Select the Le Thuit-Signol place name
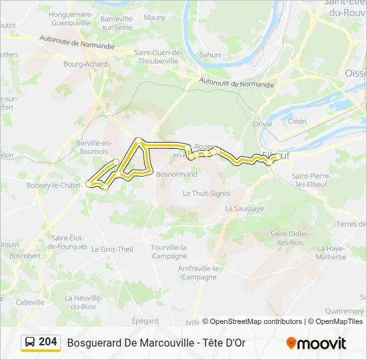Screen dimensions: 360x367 pyautogui.click(x=206, y=193)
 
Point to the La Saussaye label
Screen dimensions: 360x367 pyautogui.click(x=244, y=208)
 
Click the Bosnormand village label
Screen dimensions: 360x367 pyautogui.click(x=176, y=174)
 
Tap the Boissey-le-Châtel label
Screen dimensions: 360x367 pyautogui.click(x=53, y=185)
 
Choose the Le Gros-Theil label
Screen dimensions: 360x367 pyautogui.click(x=112, y=249)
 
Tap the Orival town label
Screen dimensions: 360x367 pyautogui.click(x=263, y=123)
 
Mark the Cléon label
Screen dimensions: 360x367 pyautogui.click(x=297, y=121)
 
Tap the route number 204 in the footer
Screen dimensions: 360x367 pyautogui.click(x=48, y=342)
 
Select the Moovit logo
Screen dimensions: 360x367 pyautogui.click(x=316, y=343)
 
